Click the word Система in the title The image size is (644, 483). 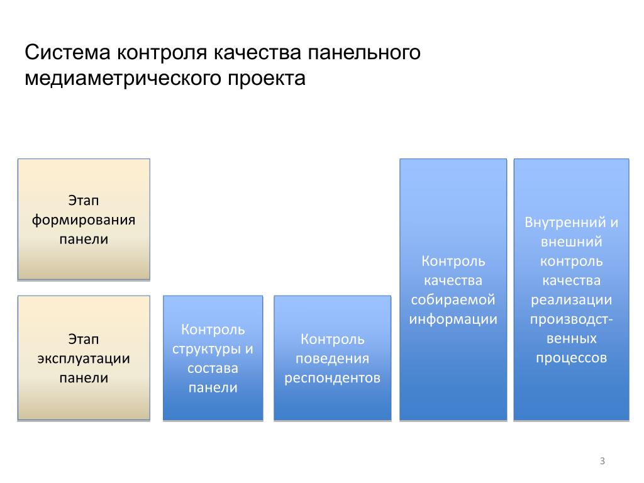67,53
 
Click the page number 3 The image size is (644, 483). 602,462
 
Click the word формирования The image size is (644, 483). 84,220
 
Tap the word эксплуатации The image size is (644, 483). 84,359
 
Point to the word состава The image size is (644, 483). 213,368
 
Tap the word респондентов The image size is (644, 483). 332,378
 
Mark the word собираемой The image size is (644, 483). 453,299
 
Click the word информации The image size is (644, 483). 453,319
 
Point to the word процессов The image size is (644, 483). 571,358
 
